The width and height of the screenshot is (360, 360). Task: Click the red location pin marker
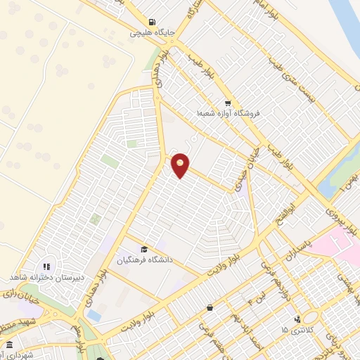[x=181, y=165]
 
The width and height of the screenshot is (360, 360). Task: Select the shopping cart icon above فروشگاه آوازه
[x=226, y=101]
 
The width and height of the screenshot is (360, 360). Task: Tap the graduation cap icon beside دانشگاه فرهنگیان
[x=144, y=250]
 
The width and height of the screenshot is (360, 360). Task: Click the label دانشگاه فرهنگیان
[x=148, y=261]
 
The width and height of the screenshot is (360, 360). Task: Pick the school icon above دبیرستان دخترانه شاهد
[x=47, y=267]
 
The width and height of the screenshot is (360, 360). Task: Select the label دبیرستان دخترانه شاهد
[x=42, y=278]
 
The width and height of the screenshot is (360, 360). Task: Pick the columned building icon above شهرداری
[x=8, y=345]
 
